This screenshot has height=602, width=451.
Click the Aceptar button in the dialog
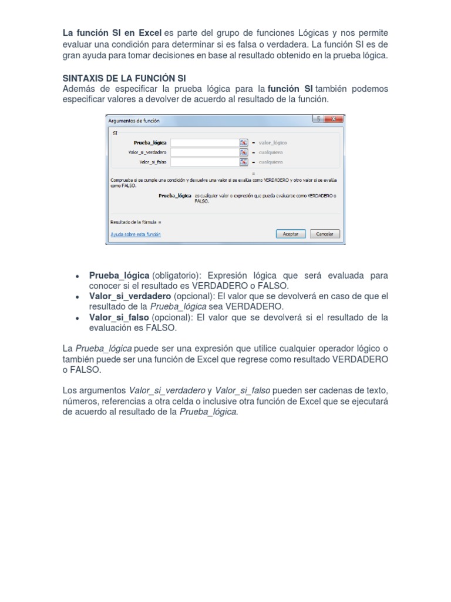click(291, 233)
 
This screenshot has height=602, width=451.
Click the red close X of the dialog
click(334, 119)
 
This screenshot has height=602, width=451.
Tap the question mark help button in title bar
click(318, 119)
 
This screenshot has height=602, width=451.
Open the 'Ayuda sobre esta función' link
click(136, 234)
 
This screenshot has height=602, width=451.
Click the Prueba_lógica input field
click(204, 142)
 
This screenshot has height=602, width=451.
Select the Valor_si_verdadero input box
click(204, 152)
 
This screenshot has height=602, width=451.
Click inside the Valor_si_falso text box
click(204, 161)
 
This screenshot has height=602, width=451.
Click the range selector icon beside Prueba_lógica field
click(243, 142)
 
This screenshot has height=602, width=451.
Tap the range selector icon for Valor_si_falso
click(243, 161)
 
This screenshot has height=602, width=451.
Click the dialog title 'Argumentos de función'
click(134, 121)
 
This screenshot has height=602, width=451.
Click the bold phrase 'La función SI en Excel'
click(112, 32)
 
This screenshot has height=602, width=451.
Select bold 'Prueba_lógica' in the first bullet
click(119, 276)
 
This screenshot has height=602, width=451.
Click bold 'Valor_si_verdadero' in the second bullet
click(130, 296)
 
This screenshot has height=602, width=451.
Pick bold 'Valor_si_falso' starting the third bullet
click(120, 317)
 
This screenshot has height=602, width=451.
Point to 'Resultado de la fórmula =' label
click(136, 222)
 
